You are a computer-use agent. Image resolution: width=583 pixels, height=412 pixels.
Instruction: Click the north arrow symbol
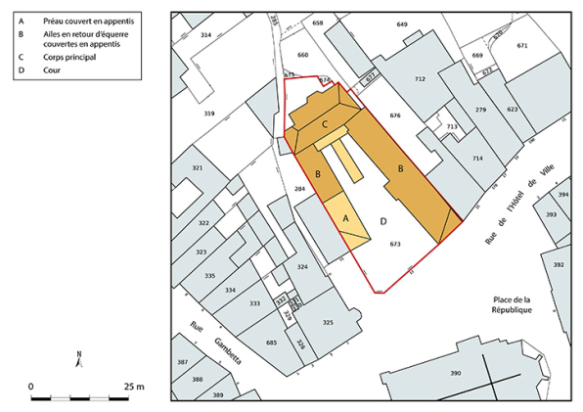[x=79, y=358]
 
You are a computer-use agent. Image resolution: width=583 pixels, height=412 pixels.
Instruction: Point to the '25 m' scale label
[x=133, y=387]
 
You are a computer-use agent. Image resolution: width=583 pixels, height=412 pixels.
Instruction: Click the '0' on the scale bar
[x=31, y=387]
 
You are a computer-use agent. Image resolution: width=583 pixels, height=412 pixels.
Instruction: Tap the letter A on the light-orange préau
[x=345, y=221]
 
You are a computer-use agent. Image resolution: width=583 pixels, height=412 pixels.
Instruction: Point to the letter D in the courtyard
[x=383, y=221]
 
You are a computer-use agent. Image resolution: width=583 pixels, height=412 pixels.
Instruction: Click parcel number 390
[x=455, y=374]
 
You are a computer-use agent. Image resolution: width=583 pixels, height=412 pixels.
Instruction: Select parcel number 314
[x=205, y=34]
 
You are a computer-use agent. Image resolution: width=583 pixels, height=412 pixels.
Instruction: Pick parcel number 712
[x=421, y=78]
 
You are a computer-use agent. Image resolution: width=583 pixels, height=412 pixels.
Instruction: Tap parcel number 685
[x=271, y=343]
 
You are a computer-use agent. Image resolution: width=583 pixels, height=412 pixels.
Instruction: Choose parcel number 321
[x=197, y=168]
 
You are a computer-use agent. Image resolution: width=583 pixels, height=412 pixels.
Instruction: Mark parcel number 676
[x=395, y=115]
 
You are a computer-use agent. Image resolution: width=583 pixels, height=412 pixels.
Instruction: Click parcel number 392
[x=559, y=264]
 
